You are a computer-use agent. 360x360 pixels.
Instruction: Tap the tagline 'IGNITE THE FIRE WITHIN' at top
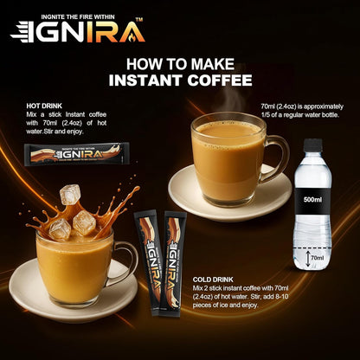coord(91,11)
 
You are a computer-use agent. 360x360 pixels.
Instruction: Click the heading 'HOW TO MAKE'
coord(179,63)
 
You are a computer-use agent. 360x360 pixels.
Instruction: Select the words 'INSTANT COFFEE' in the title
coord(179,80)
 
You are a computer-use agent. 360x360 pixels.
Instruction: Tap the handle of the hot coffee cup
coord(275,157)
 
